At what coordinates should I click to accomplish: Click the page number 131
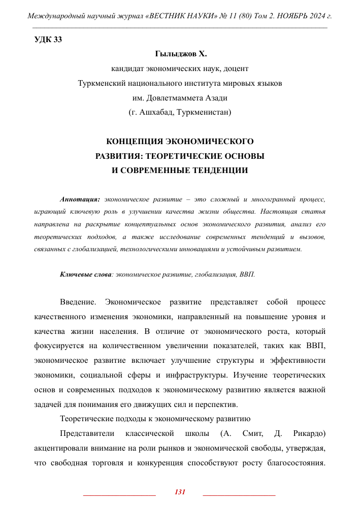tap(180, 492)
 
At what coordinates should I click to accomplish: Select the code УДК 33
tap(48, 40)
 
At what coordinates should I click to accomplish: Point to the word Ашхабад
tap(155, 112)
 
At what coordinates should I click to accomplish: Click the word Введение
tap(78, 302)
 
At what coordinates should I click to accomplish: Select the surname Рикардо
tap(309, 434)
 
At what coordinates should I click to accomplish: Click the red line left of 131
tap(119, 494)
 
